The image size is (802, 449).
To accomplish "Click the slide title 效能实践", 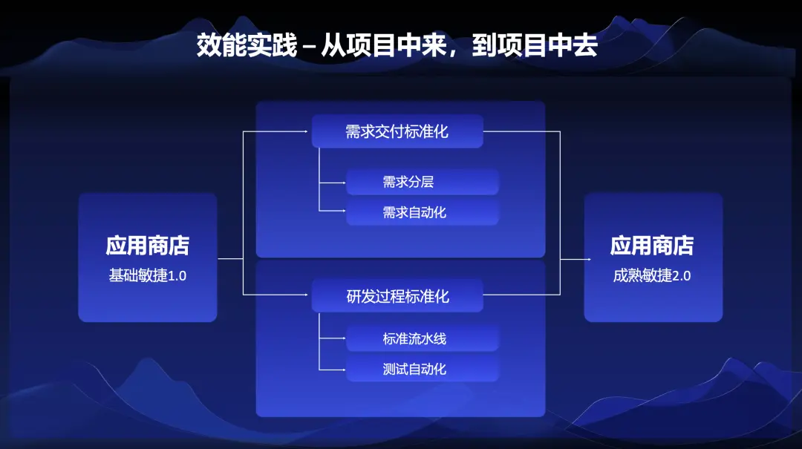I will tap(246, 46).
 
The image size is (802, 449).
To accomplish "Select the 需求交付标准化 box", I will tap(397, 132).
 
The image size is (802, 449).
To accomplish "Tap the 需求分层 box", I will tap(422, 182).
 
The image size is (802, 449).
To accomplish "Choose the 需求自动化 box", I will tap(422, 212).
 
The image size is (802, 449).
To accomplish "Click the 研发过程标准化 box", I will tap(397, 296).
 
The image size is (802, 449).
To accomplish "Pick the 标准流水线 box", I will tap(422, 339).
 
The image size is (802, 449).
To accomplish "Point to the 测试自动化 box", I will tap(422, 369).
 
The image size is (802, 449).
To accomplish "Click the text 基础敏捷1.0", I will tap(148, 276).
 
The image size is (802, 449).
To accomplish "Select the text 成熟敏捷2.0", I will tap(653, 276).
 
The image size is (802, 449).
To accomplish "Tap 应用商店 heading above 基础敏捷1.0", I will tap(148, 246).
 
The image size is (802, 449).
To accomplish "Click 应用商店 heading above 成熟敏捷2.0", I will tap(653, 246).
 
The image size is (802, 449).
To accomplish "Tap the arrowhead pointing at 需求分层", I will tap(343, 182).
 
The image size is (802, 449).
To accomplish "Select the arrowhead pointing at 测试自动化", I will tap(343, 369).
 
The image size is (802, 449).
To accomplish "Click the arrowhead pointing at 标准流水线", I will tap(343, 339).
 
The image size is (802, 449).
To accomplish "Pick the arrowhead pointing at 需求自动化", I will tap(343, 212).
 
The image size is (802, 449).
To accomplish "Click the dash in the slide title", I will tap(310, 47).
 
